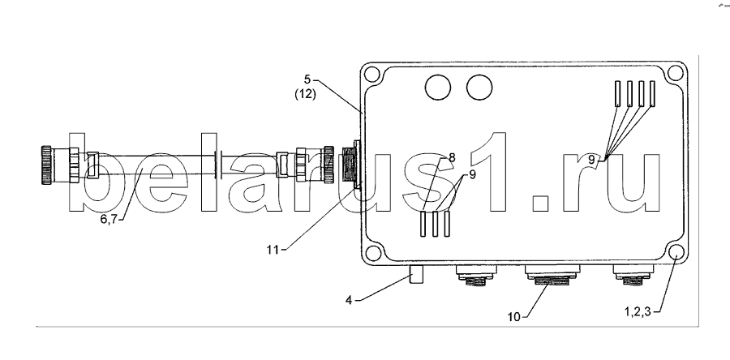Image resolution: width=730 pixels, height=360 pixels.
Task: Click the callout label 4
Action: pos(348,300)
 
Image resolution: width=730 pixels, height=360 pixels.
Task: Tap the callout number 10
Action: pos(514,317)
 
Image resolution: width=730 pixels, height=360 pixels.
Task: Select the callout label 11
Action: pos(273,250)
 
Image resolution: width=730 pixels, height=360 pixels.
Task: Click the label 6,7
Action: pos(109,219)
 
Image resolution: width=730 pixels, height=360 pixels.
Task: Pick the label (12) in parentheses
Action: pos(306,94)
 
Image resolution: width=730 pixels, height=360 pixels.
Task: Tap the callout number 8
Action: pos(452,157)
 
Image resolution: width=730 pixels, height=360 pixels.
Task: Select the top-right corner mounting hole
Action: pos(675,73)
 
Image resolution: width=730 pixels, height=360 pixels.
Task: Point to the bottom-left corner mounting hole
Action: pos(372,253)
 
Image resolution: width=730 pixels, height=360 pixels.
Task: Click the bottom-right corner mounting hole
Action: pos(676,251)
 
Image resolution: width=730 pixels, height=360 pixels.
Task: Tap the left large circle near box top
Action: pos(438,88)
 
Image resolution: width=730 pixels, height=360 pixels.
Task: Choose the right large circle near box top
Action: pos(479,88)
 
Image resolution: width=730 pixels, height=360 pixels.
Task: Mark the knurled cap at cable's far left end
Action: pos(46,165)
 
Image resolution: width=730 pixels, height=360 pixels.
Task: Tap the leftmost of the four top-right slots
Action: pos(617,92)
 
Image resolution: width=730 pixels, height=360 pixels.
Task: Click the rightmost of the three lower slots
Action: pos(447,224)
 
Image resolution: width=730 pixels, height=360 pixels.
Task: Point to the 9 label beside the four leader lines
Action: pos(590,159)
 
